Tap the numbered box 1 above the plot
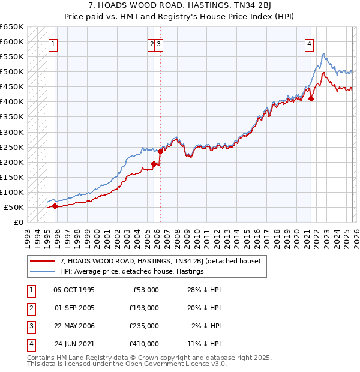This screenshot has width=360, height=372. (x=54, y=43)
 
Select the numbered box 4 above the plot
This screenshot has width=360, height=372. (x=309, y=43)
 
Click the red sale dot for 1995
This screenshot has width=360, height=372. (x=55, y=206)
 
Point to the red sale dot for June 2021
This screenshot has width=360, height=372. (x=311, y=99)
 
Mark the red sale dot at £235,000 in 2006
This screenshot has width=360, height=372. (x=161, y=151)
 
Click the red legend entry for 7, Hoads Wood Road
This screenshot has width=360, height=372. (x=160, y=261)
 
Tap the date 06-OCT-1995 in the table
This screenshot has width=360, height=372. (x=74, y=290)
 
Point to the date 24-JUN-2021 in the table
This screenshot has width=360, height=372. (x=74, y=344)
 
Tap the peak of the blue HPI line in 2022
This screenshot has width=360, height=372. (x=323, y=53)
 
